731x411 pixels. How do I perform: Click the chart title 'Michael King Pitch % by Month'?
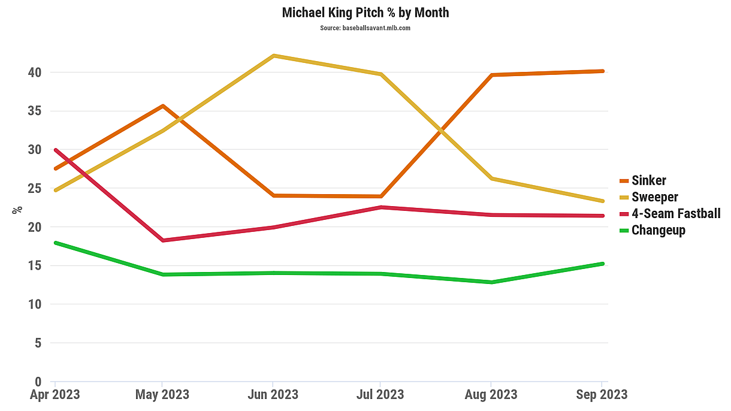(x=365, y=12)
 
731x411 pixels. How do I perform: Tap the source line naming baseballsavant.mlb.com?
(x=365, y=28)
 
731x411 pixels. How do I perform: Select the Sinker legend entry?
(x=648, y=180)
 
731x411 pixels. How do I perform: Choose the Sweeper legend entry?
(x=654, y=197)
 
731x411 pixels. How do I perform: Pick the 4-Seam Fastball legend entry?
(x=675, y=214)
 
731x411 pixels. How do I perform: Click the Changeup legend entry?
(x=658, y=230)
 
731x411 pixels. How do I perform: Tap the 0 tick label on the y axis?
(x=38, y=382)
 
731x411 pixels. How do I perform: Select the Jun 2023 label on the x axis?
(x=273, y=394)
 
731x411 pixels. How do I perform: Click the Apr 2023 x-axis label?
(x=55, y=394)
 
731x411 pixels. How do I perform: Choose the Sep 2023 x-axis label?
(x=602, y=394)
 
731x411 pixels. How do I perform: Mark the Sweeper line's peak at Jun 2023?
(x=273, y=56)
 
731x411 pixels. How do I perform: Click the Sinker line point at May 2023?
(x=162, y=106)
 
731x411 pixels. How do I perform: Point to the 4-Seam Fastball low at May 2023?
(x=162, y=240)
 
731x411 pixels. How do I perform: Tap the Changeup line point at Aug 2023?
(x=491, y=282)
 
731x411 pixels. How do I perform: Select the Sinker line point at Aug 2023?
(x=491, y=75)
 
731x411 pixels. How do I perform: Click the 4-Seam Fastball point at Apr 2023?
(x=55, y=150)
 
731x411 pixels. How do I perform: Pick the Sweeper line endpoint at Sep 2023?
(x=602, y=201)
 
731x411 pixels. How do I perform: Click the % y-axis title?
(x=17, y=210)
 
